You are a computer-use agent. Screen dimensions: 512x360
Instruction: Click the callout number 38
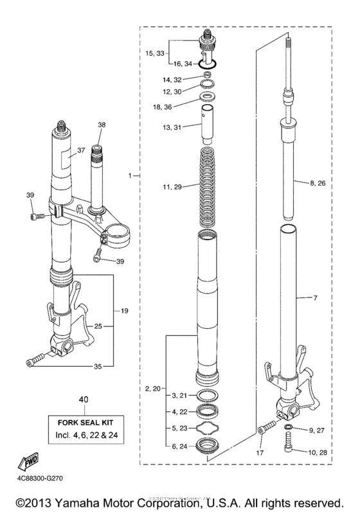tap(101, 124)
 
